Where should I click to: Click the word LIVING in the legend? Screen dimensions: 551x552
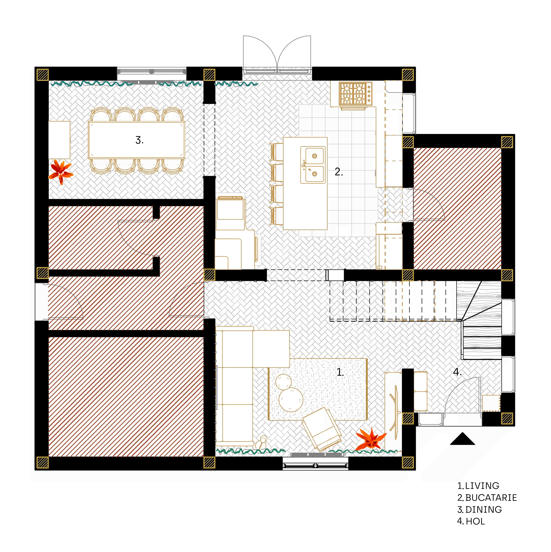(482, 486)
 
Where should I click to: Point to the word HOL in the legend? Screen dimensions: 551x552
(475, 521)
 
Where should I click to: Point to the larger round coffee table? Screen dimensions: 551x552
(291, 400)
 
